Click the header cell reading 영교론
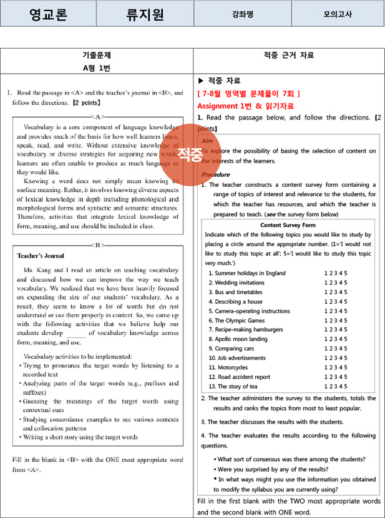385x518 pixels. (x=48, y=14)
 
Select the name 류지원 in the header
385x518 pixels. (x=145, y=14)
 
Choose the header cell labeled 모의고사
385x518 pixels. (x=337, y=14)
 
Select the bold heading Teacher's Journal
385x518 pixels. (x=41, y=256)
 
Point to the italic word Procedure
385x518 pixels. (x=215, y=174)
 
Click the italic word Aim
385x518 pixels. (x=207, y=141)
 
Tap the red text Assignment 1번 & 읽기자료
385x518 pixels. (x=245, y=106)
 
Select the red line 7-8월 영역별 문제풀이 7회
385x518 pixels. (x=248, y=94)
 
